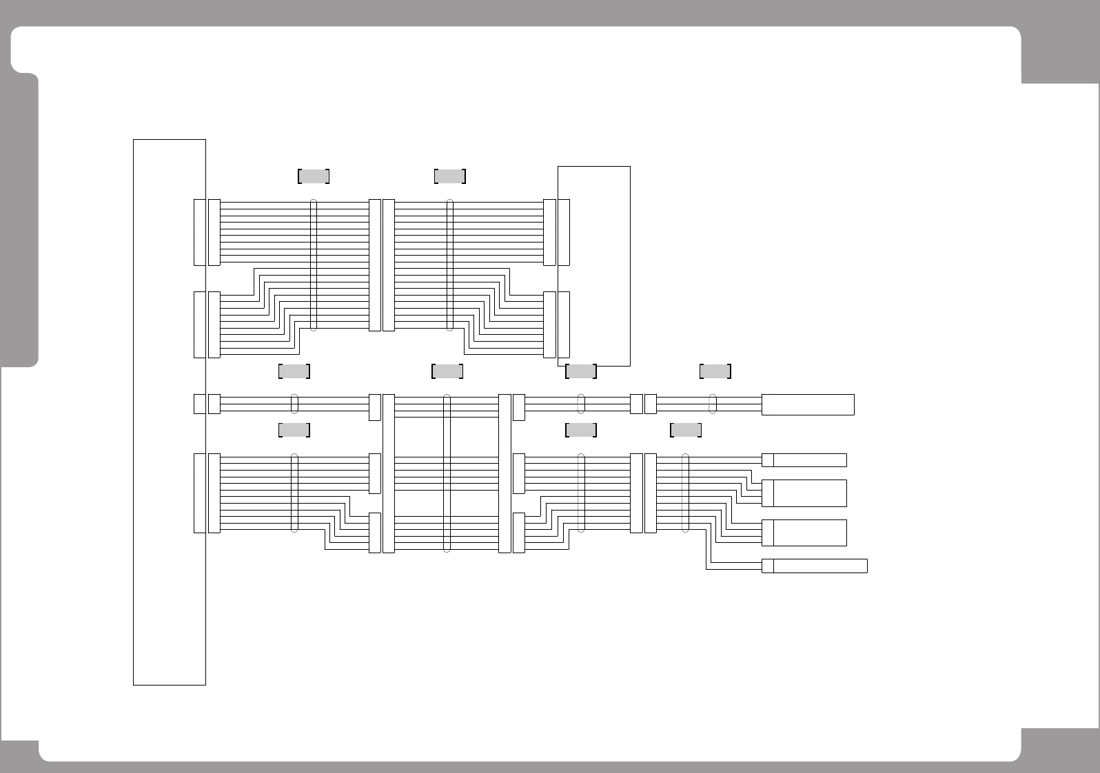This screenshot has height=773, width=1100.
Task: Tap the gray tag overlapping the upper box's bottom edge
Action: click(x=580, y=371)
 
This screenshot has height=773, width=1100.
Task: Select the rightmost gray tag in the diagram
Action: click(x=715, y=371)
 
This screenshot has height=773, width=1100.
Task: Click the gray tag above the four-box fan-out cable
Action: click(x=686, y=431)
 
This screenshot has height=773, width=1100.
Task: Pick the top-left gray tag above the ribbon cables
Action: click(x=314, y=176)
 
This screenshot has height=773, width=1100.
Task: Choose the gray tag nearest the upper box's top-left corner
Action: click(x=450, y=176)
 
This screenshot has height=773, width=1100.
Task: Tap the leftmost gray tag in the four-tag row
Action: click(x=294, y=371)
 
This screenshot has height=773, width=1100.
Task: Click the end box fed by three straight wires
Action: click(x=808, y=404)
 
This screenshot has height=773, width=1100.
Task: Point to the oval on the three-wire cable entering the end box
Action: click(x=713, y=404)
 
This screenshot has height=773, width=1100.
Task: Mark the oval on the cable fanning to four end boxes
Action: click(x=685, y=493)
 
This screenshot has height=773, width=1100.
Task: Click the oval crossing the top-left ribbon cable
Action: click(x=314, y=265)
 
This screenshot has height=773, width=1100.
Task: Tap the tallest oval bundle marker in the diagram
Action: click(x=447, y=473)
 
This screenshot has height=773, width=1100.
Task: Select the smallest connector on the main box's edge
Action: click(x=199, y=404)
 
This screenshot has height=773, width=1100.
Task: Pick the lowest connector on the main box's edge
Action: click(x=199, y=493)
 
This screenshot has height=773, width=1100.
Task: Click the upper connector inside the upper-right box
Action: click(x=564, y=232)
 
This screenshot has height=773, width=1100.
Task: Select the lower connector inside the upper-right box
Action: click(x=564, y=324)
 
